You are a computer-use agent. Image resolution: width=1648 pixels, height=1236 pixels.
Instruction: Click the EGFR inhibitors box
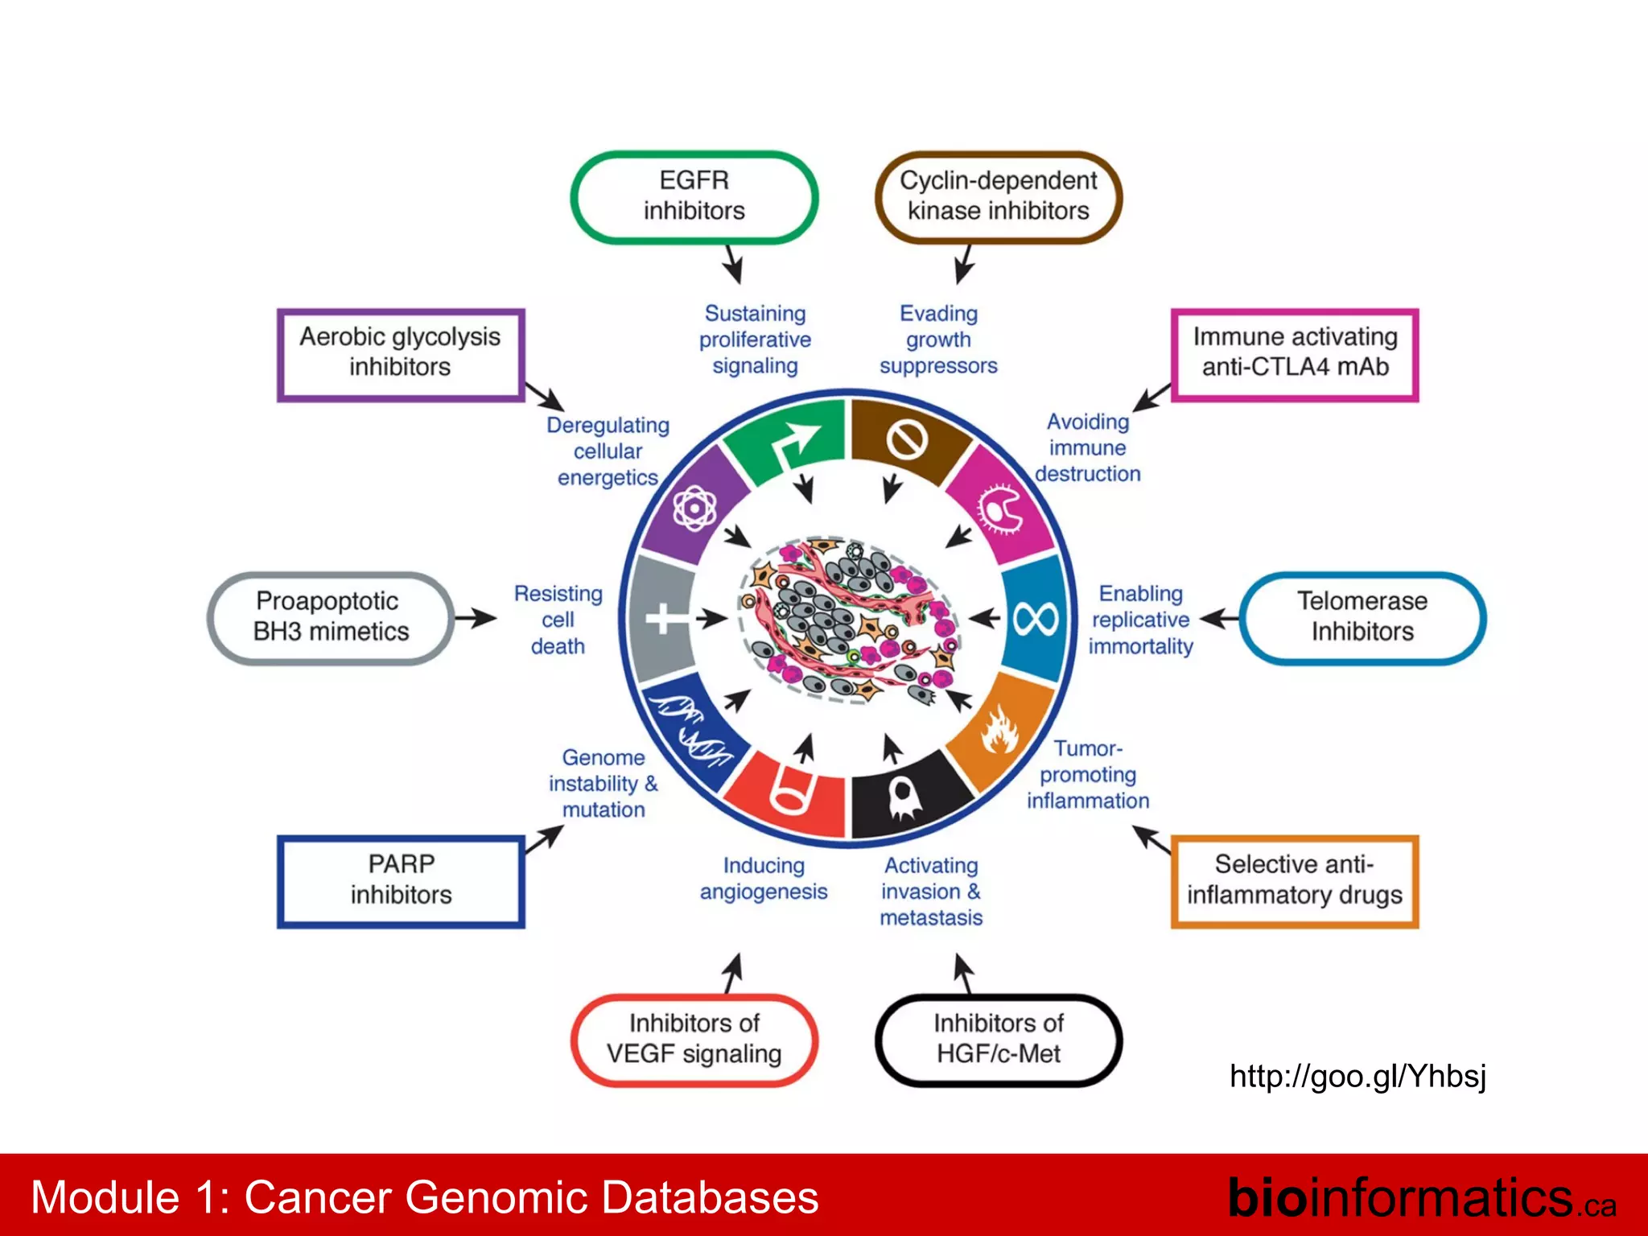coord(694,196)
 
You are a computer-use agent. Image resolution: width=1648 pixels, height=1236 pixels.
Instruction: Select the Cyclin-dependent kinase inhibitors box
coord(998,196)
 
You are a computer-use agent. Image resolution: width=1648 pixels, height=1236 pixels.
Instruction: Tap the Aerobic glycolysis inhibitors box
coord(400,353)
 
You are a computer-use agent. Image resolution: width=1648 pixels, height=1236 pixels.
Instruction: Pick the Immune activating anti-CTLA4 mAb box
coord(1294,353)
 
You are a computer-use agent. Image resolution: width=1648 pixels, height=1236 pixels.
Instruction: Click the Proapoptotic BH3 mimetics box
coord(331,617)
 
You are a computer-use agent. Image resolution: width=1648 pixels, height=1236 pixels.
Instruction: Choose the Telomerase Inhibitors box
coord(1362,617)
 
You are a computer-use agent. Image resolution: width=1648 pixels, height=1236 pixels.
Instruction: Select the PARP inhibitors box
coord(401,880)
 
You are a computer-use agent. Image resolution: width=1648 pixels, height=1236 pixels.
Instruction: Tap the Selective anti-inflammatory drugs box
coord(1294,880)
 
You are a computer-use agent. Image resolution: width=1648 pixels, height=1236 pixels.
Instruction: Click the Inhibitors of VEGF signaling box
coord(694,1039)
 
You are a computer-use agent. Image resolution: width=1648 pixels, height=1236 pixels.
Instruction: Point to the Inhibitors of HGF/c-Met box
coord(998,1039)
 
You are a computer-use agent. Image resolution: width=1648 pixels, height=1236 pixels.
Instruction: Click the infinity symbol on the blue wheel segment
coord(1036,619)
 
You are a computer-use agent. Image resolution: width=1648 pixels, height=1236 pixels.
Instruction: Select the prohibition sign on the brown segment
coord(907,439)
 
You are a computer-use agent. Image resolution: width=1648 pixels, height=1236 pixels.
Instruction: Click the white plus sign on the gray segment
coord(663,619)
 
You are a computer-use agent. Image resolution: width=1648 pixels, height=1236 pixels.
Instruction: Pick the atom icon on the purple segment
coord(694,508)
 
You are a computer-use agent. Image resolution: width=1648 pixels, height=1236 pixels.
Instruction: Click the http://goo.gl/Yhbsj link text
coord(1358,1076)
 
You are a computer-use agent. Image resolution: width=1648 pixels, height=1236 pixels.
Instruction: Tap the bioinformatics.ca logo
coord(1421,1197)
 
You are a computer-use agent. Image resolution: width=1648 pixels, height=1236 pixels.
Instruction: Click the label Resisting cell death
coord(558,620)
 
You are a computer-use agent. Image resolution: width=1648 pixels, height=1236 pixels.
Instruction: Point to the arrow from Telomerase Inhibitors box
coord(1218,619)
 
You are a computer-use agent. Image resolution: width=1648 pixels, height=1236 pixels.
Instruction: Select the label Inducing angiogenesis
coord(763,879)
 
